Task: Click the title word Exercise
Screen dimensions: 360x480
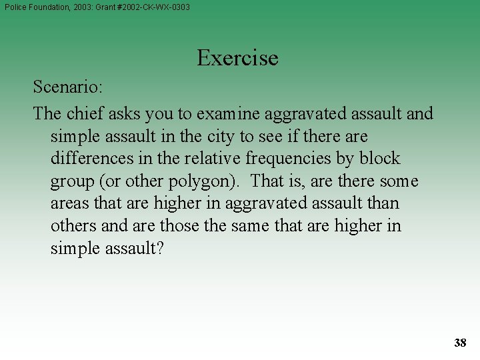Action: (237, 58)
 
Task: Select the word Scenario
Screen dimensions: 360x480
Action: (65, 87)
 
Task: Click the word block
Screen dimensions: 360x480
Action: (379, 159)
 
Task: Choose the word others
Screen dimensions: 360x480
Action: (74, 226)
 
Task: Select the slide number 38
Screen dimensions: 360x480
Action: (460, 343)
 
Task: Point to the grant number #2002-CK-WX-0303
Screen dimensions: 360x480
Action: (153, 7)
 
